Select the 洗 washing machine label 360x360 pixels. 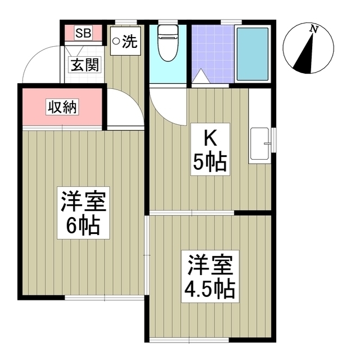(x=129, y=40)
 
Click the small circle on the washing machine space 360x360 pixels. (x=116, y=40)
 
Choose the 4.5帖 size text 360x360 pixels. (x=210, y=289)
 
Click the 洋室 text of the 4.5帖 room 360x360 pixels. (x=210, y=264)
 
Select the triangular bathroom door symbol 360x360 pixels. (x=200, y=78)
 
